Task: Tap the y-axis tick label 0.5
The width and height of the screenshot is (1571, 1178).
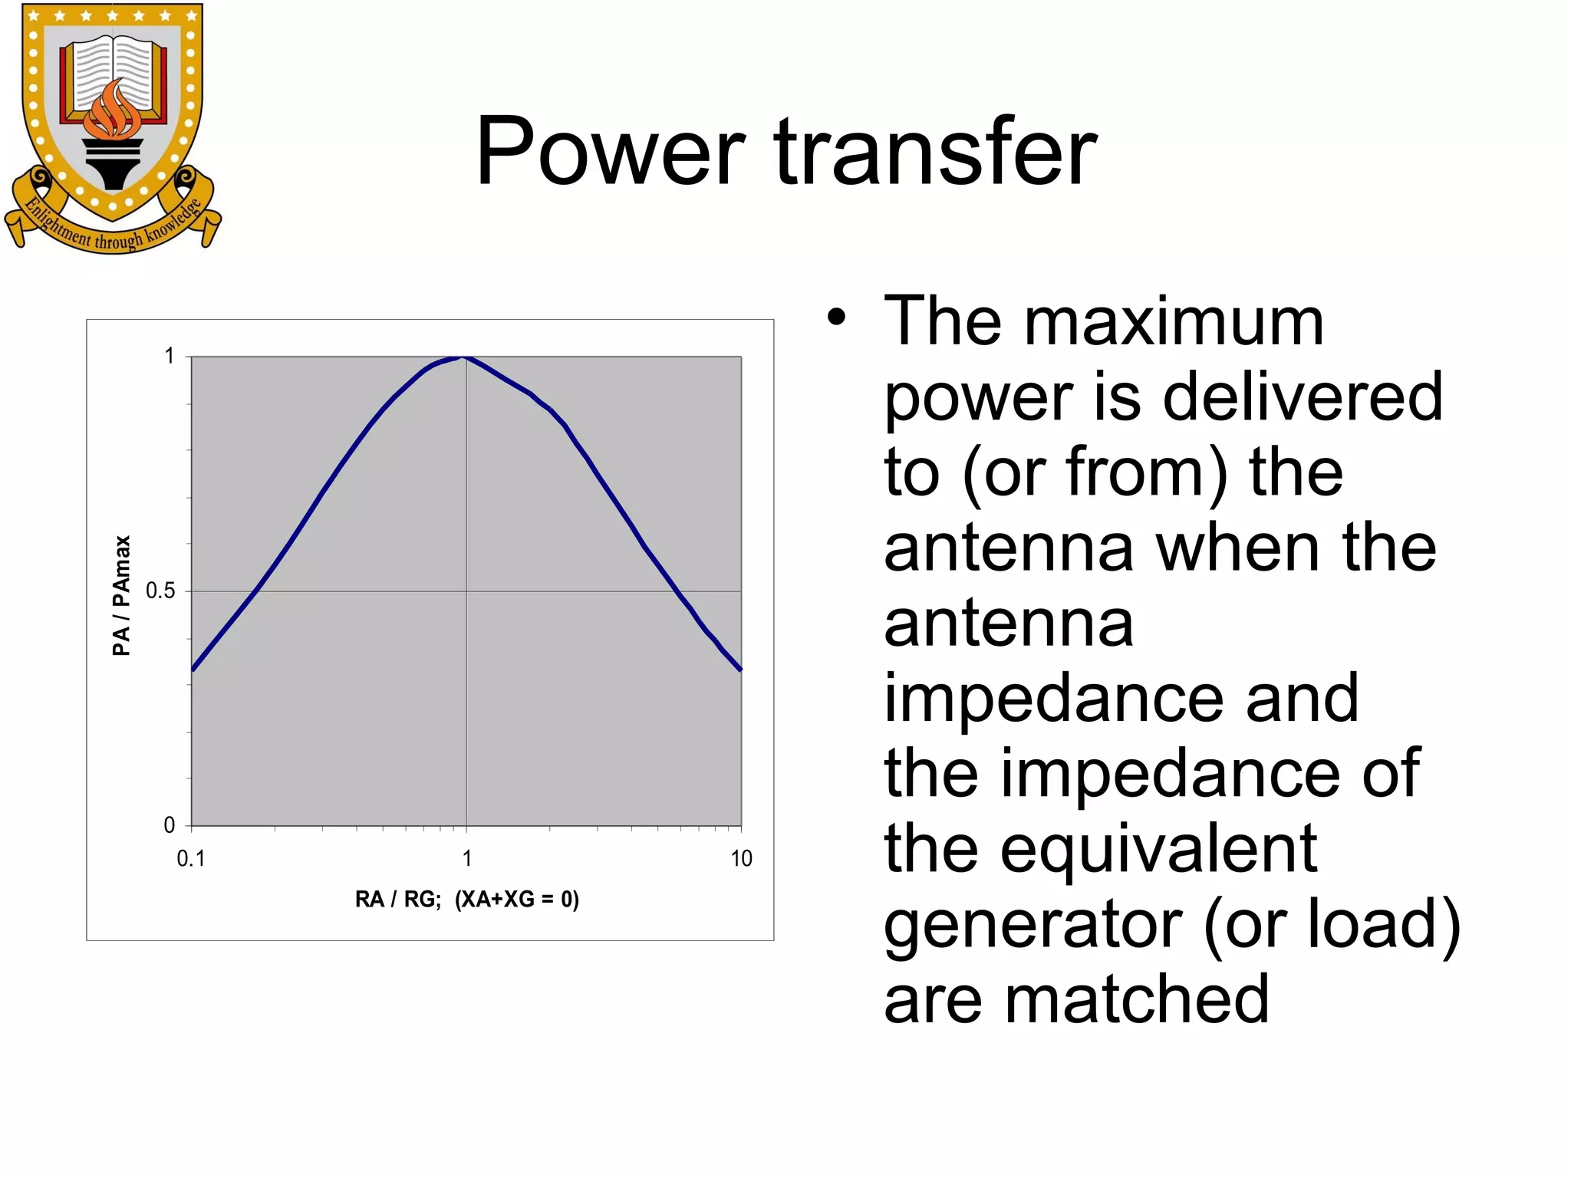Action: (x=160, y=591)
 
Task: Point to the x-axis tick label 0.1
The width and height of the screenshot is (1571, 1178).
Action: (x=191, y=859)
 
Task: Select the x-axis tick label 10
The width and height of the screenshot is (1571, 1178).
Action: (x=741, y=859)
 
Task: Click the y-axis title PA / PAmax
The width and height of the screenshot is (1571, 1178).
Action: (x=121, y=595)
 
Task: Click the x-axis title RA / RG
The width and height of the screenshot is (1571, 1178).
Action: (x=397, y=899)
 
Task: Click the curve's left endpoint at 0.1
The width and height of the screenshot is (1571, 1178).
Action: (x=193, y=670)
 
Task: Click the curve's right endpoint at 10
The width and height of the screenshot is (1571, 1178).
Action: (x=740, y=670)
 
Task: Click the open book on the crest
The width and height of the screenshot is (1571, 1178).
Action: (x=114, y=73)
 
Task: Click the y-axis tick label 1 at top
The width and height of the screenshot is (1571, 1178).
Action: (x=170, y=356)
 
